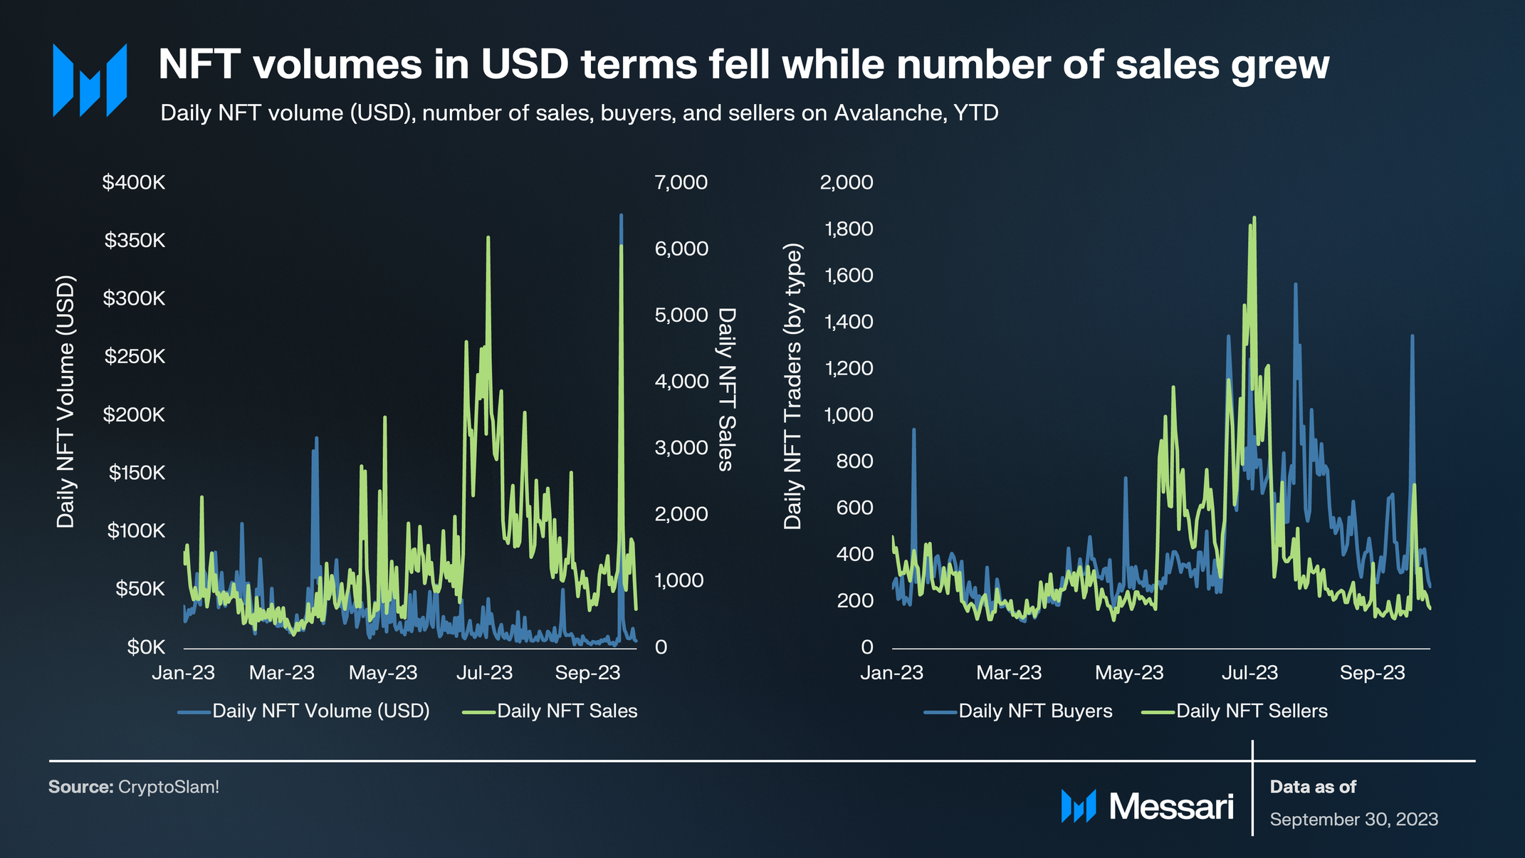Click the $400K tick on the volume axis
[134, 182]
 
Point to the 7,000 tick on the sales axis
[681, 182]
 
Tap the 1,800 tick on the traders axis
[848, 229]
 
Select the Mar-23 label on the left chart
[282, 673]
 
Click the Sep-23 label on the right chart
[1372, 673]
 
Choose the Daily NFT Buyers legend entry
[1034, 711]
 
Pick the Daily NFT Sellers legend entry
[1251, 711]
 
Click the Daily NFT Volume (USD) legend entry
[320, 711]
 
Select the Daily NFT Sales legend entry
[567, 711]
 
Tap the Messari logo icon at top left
[90, 80]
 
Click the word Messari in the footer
[1171, 807]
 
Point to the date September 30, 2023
[1353, 820]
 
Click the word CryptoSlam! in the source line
[169, 787]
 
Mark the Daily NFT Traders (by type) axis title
[792, 387]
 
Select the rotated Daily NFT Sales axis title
[726, 389]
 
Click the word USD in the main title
[525, 65]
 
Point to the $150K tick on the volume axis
[137, 473]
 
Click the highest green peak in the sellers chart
[1254, 219]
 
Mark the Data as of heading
[1313, 787]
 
